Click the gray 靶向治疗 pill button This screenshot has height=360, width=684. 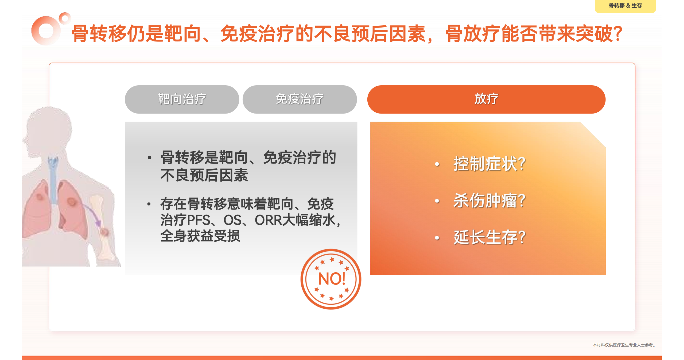coord(182,99)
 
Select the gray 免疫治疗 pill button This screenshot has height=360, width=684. coord(300,99)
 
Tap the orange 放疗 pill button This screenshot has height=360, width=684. coord(486,99)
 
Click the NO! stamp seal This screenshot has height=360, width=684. coord(331,279)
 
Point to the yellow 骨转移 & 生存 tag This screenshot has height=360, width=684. coord(625,6)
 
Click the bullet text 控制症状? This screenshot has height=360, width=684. coord(489,164)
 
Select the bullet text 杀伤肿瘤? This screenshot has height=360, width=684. coord(489,200)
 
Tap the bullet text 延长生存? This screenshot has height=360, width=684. coord(489,237)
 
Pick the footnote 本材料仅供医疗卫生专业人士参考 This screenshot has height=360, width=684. coord(624,345)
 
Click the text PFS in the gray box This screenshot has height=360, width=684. coord(198,220)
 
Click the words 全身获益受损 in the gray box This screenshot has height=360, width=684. coord(200,236)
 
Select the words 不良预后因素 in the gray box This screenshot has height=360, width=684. coord(204,175)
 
